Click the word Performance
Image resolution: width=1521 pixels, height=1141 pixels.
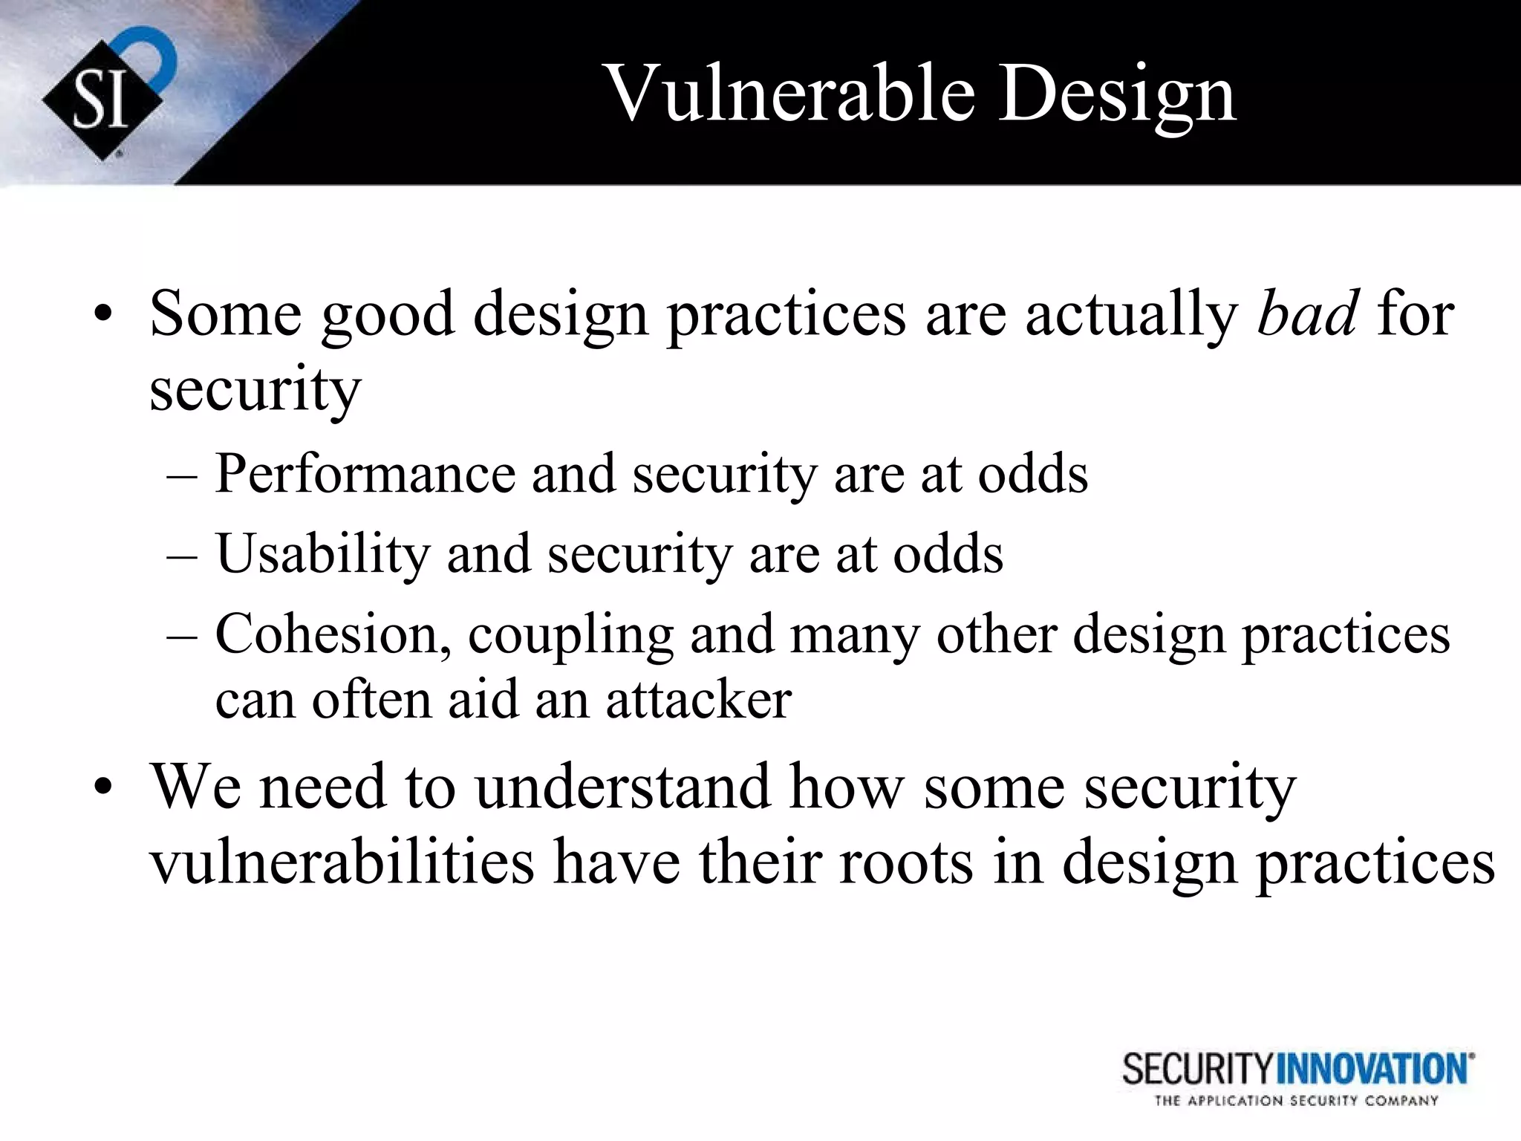click(365, 473)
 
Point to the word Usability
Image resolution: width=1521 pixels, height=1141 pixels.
click(323, 553)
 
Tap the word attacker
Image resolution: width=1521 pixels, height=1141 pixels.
click(698, 699)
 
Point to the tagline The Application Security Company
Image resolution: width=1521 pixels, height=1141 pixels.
click(1296, 1101)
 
